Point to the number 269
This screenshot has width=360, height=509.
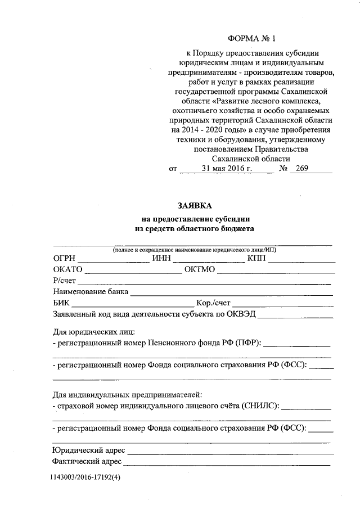pyautogui.click(x=302, y=168)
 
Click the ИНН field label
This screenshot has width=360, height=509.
pyautogui.click(x=161, y=259)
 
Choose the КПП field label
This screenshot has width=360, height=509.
pyautogui.click(x=258, y=259)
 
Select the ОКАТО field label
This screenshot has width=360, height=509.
pyautogui.click(x=68, y=269)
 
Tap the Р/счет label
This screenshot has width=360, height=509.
pyautogui.click(x=65, y=280)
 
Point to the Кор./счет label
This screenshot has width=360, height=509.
pyautogui.click(x=213, y=303)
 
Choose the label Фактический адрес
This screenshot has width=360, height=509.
pyautogui.click(x=87, y=461)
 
